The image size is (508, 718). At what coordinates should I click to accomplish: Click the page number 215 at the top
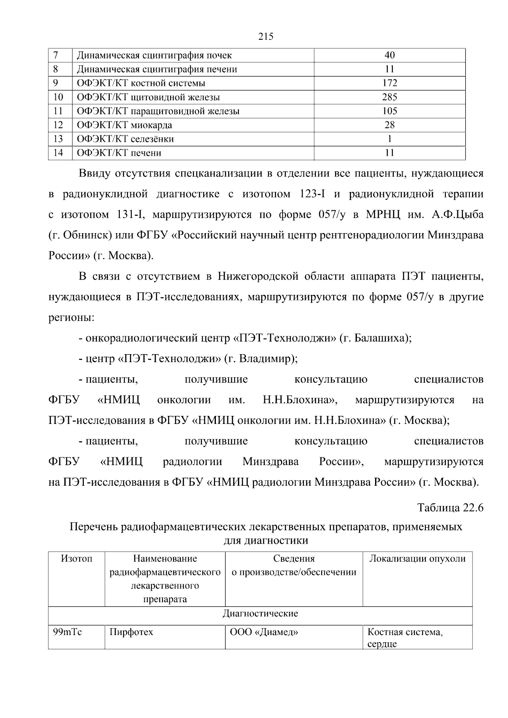pos(265,36)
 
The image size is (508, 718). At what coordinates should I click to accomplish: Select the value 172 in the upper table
pos(389,83)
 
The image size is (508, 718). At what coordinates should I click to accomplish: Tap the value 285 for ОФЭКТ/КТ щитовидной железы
pos(389,97)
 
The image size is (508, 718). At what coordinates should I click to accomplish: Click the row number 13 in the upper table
pos(58,139)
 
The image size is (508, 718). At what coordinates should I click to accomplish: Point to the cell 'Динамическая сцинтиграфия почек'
pos(154,55)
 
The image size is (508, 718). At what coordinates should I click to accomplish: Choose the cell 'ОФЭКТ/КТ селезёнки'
pos(125,139)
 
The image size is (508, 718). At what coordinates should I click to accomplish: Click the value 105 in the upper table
pos(389,111)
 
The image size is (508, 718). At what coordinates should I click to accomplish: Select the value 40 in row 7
pos(389,55)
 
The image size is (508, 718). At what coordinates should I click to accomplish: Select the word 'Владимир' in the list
pos(264,359)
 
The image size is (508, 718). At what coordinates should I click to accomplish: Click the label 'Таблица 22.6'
pos(450,507)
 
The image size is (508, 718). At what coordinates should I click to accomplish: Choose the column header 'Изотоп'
pos(77,558)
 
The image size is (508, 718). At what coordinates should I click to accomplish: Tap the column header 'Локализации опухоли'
pos(417,558)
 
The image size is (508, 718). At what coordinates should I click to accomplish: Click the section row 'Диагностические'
pos(260,613)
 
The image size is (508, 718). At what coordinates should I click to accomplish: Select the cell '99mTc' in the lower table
pos(67,632)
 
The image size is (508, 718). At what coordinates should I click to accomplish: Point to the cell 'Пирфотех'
pos(131,632)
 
